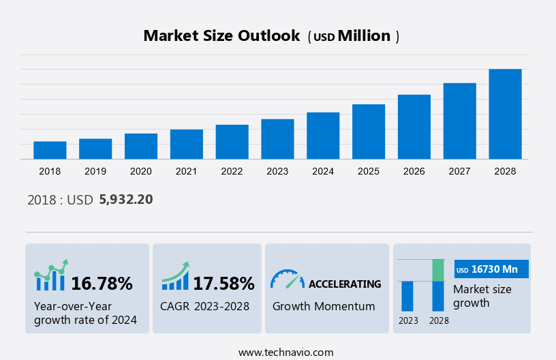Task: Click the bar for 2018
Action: (x=50, y=150)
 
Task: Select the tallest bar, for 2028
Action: (x=505, y=114)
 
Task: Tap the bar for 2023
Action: (x=277, y=139)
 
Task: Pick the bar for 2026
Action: (x=414, y=127)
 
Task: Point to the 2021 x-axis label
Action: (x=187, y=171)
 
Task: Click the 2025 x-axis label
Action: (x=369, y=171)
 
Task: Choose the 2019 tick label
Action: (x=95, y=171)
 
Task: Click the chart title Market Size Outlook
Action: (x=221, y=36)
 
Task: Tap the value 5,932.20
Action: (x=126, y=200)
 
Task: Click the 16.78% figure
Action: (x=102, y=284)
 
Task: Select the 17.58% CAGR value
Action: (x=223, y=284)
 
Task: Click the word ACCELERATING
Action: (x=345, y=284)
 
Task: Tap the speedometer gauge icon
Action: (x=287, y=279)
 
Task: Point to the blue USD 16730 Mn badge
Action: (x=491, y=269)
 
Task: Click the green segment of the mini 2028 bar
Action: (x=438, y=270)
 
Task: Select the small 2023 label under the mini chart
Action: (x=408, y=320)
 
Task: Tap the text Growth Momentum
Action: (x=324, y=306)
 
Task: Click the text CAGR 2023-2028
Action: (x=204, y=306)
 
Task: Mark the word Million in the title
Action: (x=365, y=36)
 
